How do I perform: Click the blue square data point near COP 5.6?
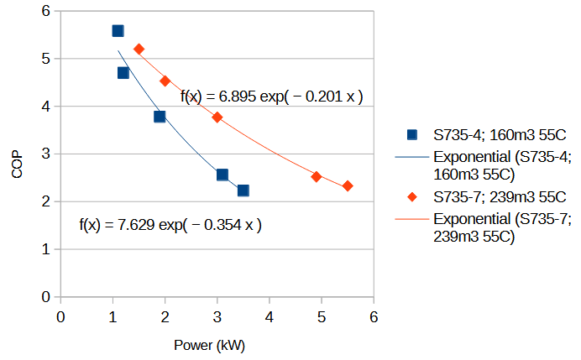pyautogui.click(x=118, y=31)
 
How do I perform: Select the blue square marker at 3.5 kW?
pyautogui.click(x=243, y=190)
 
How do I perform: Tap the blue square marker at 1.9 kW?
pyautogui.click(x=160, y=117)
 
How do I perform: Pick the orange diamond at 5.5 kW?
pyautogui.click(x=348, y=186)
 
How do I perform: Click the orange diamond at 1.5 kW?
pyautogui.click(x=139, y=50)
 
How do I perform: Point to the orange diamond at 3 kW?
pyautogui.click(x=217, y=117)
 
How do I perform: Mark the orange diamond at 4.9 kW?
pyautogui.click(x=317, y=176)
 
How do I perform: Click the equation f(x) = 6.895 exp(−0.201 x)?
pyautogui.click(x=271, y=97)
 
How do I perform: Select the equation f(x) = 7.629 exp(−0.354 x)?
pyautogui.click(x=170, y=225)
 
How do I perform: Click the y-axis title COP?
pyautogui.click(x=18, y=154)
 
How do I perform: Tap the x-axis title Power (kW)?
pyautogui.click(x=209, y=345)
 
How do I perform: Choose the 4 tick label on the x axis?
pyautogui.click(x=270, y=316)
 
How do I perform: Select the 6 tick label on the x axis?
pyautogui.click(x=374, y=316)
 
